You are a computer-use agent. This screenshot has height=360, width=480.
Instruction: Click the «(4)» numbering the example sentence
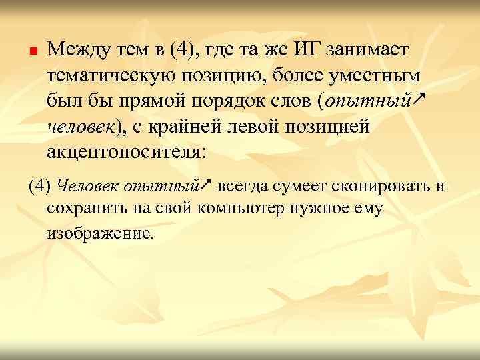coord(39,185)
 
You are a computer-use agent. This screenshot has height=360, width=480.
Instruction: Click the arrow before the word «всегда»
coord(207,183)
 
